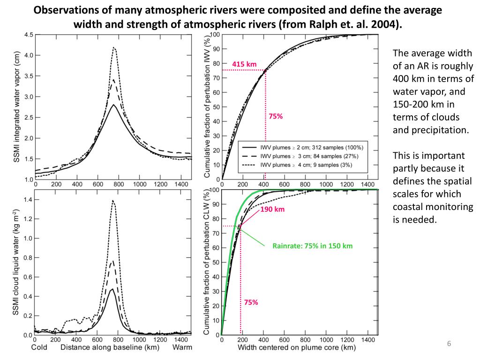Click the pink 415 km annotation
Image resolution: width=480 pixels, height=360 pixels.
[x=244, y=64]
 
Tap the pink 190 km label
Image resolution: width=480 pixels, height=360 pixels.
[x=272, y=209]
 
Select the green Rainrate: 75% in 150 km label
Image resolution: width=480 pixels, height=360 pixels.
[x=312, y=246]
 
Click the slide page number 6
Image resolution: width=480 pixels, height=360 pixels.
[x=449, y=345]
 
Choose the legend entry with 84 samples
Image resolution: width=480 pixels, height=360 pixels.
[x=305, y=156]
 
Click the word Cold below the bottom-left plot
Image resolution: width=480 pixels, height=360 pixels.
[x=39, y=347]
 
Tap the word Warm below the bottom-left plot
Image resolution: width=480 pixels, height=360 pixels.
[x=182, y=347]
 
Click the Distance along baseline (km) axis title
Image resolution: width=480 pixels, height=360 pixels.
[x=110, y=347]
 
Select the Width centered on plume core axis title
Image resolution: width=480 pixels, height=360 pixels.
[x=297, y=347]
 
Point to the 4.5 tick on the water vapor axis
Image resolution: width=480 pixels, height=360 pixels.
[x=29, y=35]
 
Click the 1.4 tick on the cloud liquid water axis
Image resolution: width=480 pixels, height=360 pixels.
[x=29, y=200]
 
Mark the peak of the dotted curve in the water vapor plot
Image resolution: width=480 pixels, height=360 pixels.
[x=113, y=47]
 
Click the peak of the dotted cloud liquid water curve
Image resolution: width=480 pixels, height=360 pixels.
[x=113, y=201]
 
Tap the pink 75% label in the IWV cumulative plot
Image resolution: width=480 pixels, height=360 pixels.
[x=276, y=116]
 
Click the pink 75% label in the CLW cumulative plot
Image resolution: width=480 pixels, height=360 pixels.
[x=251, y=302]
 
